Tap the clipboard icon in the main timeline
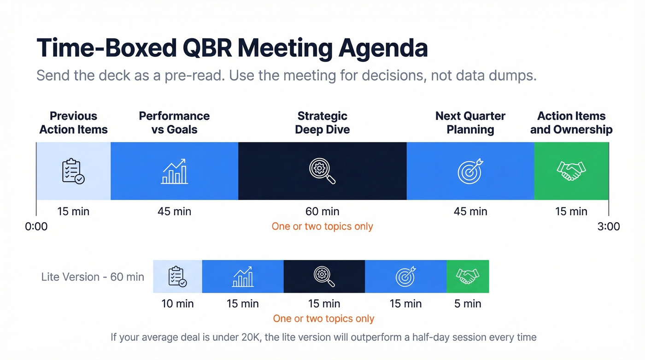click(x=73, y=171)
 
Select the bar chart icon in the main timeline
click(x=174, y=171)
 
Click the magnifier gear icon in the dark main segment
click(x=322, y=171)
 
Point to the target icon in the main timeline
click(x=469, y=171)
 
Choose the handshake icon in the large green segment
click(x=571, y=171)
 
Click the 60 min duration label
click(x=322, y=212)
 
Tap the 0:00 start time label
click(x=36, y=227)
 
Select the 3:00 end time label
click(x=609, y=227)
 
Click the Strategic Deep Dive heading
click(x=322, y=123)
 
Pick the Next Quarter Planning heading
click(x=470, y=123)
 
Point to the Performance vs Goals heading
click(x=174, y=123)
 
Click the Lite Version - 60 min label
click(x=93, y=277)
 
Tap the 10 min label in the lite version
click(x=177, y=304)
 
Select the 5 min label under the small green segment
click(x=467, y=304)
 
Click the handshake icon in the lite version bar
click(x=467, y=277)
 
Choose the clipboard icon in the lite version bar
click(x=177, y=277)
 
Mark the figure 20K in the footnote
click(x=252, y=337)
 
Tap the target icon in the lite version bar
click(x=405, y=277)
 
